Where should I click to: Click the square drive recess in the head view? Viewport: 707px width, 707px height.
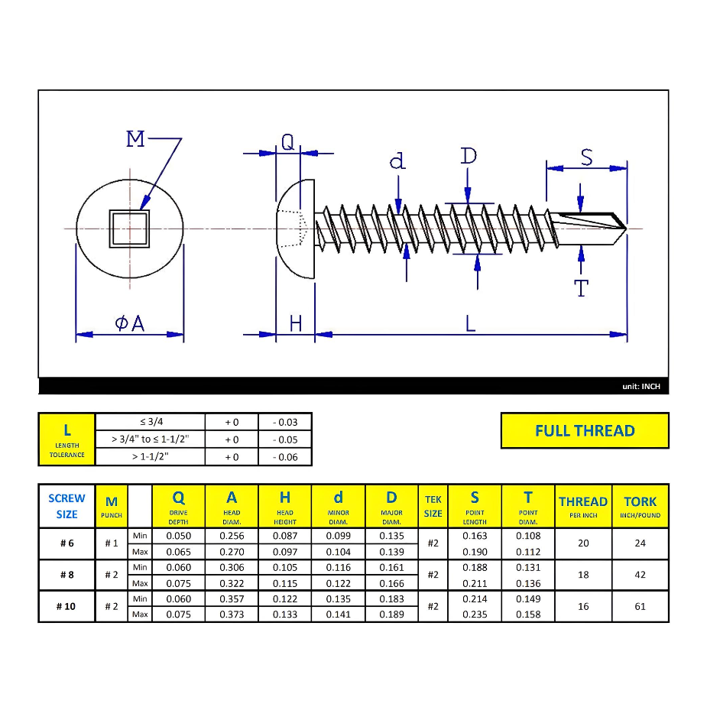click(130, 229)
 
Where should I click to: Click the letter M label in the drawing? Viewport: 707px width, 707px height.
click(135, 139)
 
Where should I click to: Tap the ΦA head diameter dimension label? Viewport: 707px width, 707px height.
click(130, 323)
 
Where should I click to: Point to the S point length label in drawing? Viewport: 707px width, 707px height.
click(586, 157)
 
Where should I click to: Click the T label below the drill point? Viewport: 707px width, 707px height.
click(581, 288)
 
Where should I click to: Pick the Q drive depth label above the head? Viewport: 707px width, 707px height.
click(287, 142)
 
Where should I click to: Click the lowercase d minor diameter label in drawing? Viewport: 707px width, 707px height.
click(397, 161)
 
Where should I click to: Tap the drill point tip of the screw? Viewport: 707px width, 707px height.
click(625, 228)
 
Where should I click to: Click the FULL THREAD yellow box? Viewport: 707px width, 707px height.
click(585, 430)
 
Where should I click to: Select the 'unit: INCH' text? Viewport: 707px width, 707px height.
click(641, 387)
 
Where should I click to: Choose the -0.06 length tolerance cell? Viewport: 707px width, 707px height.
click(285, 457)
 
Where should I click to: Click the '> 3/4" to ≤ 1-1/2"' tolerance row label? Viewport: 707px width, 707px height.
click(150, 439)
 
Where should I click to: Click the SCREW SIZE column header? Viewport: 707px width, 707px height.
click(66, 506)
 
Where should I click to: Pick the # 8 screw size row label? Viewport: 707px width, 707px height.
click(66, 575)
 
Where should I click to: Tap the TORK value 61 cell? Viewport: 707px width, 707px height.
click(640, 606)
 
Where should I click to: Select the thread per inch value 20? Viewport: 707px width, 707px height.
click(583, 543)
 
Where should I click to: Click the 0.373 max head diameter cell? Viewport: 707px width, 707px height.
click(232, 615)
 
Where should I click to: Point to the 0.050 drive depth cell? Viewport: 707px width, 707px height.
click(178, 536)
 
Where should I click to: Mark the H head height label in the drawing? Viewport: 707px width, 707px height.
click(295, 323)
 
